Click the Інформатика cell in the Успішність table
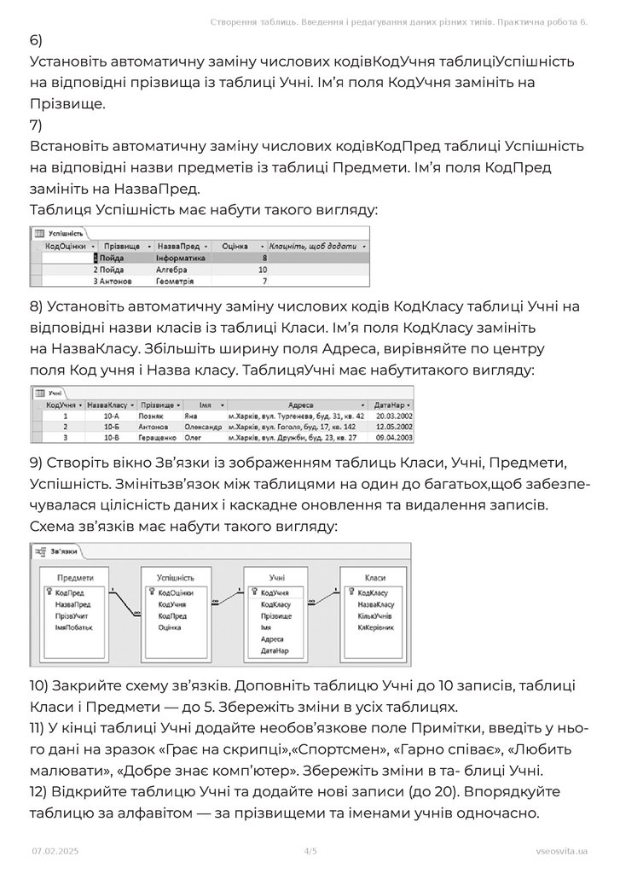pos(181,257)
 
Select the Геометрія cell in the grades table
pos(175,280)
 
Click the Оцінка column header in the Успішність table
pos(235,245)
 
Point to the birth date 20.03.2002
pos(394,416)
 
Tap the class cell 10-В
pos(110,437)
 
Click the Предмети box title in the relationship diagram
pos(75,578)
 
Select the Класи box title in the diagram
pos(374,578)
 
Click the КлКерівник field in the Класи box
pos(376,627)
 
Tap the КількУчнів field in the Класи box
pos(375,615)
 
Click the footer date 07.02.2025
pos(55,851)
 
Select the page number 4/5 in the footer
pos(310,851)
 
